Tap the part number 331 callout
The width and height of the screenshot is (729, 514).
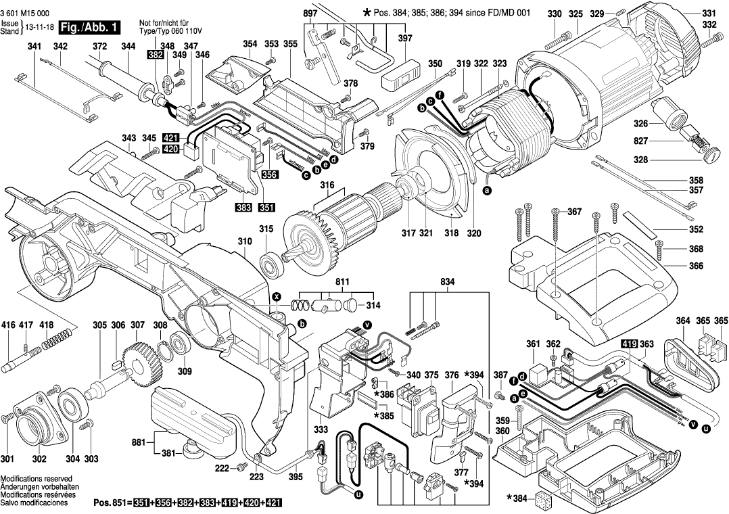[707, 14]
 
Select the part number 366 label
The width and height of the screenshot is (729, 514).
[696, 266]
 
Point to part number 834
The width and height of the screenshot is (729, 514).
[447, 281]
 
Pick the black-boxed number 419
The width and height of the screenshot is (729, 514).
[629, 344]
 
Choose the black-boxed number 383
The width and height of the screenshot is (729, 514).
[244, 206]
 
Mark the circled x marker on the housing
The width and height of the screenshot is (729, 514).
[276, 296]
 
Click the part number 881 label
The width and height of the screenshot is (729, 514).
[139, 443]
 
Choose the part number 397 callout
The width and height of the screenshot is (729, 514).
[404, 39]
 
